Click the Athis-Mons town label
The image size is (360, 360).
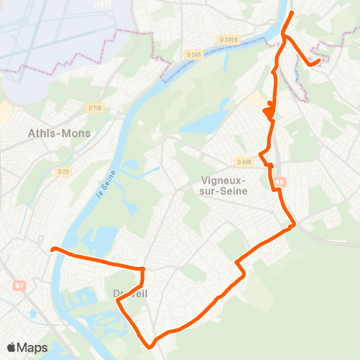(x=58, y=133)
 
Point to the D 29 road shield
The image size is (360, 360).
(x=63, y=172)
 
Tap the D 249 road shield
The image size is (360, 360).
(x=194, y=54)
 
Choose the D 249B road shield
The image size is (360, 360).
(x=229, y=39)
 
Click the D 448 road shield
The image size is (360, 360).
(x=244, y=161)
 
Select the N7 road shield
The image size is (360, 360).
(x=19, y=285)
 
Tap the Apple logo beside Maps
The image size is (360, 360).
(x=12, y=347)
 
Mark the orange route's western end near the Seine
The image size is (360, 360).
(x=52, y=249)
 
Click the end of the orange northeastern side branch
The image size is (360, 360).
(x=319, y=61)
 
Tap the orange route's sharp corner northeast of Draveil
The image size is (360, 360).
(x=142, y=268)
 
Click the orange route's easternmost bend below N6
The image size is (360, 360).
(x=295, y=223)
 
